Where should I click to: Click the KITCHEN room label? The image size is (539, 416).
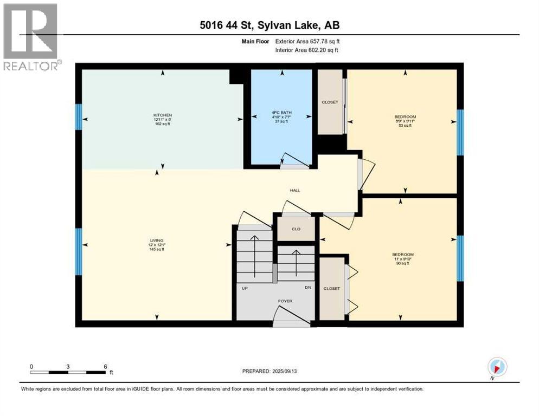(x=162, y=115)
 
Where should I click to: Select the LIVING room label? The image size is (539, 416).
(x=157, y=240)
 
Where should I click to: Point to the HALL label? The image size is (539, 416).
(x=294, y=190)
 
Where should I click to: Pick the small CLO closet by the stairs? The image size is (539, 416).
(x=296, y=229)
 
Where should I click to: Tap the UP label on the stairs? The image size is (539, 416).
(x=245, y=288)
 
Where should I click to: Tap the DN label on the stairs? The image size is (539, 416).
(x=307, y=288)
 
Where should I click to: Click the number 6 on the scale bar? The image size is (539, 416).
(x=105, y=366)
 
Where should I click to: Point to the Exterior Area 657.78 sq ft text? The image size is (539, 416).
(x=307, y=41)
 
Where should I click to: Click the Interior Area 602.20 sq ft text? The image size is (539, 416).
(x=307, y=50)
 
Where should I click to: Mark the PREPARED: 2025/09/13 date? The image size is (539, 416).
(x=269, y=371)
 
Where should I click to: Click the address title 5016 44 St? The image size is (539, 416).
(x=269, y=24)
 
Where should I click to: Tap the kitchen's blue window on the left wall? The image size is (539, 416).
(x=79, y=116)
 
